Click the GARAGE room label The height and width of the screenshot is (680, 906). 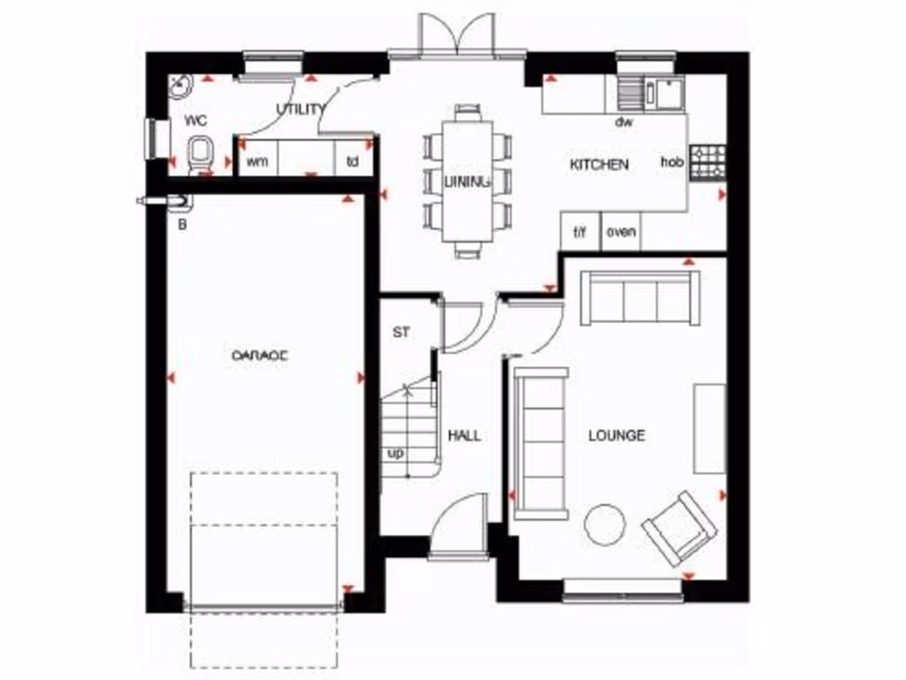(x=260, y=355)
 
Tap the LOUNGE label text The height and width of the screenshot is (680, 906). (x=617, y=436)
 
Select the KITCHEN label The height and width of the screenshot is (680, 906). (x=599, y=165)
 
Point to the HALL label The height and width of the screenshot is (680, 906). (x=465, y=436)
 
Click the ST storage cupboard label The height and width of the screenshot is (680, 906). (x=402, y=333)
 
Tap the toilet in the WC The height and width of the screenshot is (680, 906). (x=201, y=157)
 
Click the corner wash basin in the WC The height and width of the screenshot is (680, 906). (x=181, y=86)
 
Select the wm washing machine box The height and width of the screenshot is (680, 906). (x=257, y=160)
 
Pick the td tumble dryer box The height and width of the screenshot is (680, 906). (x=352, y=160)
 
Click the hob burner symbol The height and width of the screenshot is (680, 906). (x=707, y=162)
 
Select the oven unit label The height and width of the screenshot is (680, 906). (x=620, y=232)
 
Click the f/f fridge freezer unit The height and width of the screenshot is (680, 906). (x=580, y=232)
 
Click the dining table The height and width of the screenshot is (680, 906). (x=467, y=182)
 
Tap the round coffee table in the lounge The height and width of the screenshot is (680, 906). (x=605, y=524)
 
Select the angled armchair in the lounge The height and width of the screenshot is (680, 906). (x=679, y=528)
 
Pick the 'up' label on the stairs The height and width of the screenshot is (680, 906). (x=395, y=453)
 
